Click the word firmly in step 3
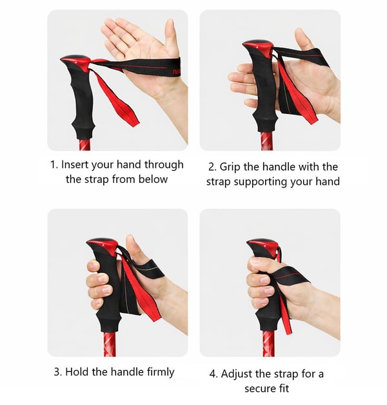pyautogui.click(x=161, y=372)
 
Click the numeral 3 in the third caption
pyautogui.click(x=57, y=372)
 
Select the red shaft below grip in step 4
pyautogui.click(x=268, y=343)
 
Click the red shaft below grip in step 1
pyautogui.click(x=85, y=145)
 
